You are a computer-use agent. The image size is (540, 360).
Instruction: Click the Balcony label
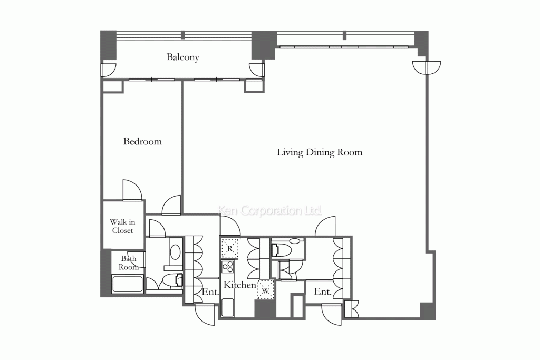click(183, 57)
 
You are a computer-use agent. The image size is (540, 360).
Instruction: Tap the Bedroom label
click(142, 141)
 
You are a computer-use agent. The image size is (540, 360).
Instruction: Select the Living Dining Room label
click(320, 152)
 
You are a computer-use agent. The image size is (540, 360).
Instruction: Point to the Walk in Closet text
click(122, 226)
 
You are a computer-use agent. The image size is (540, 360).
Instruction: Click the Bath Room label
click(128, 262)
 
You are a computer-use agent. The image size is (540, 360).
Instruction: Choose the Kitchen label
click(240, 285)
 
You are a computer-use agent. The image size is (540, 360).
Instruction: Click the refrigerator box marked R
click(230, 248)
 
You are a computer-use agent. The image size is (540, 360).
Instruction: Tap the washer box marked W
click(266, 290)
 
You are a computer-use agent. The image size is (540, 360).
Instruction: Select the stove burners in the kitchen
click(228, 266)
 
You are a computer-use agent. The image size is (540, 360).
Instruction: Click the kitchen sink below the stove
click(228, 307)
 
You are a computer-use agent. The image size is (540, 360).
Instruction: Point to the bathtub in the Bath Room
click(128, 284)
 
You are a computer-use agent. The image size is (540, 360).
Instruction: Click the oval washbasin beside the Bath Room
click(175, 252)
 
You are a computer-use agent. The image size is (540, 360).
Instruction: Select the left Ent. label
click(210, 292)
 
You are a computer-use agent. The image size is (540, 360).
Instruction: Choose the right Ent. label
click(323, 292)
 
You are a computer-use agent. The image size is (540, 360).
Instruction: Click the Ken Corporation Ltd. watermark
click(271, 210)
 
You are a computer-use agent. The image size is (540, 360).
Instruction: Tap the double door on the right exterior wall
click(427, 68)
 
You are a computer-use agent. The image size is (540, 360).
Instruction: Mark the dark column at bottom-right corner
click(428, 311)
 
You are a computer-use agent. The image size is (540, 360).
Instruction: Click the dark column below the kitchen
click(265, 309)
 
